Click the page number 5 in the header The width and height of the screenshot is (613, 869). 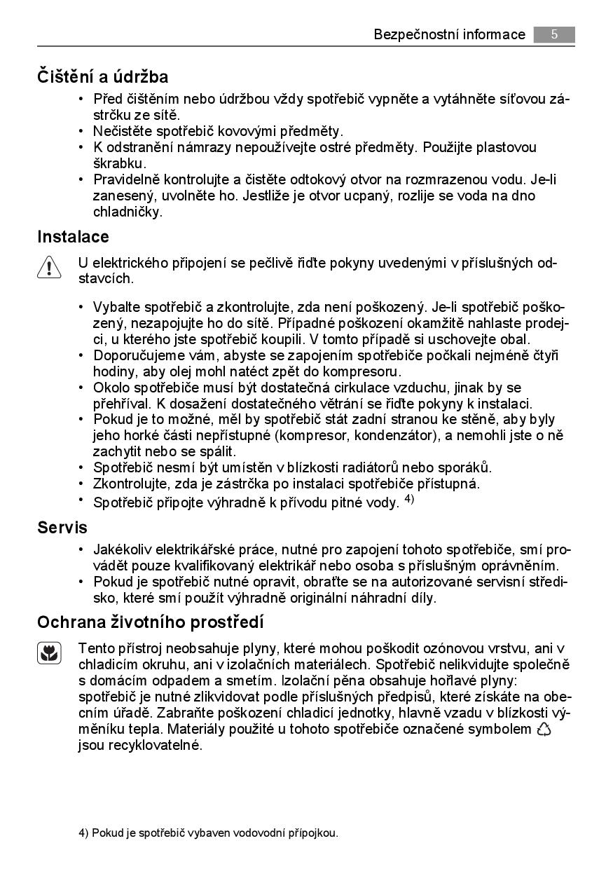553,34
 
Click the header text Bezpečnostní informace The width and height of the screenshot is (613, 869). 449,34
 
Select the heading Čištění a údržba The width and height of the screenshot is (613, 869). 102,76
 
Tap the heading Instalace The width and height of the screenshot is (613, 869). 73,237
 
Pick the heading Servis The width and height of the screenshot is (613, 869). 62,527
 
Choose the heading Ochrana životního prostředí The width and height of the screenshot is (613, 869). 150,622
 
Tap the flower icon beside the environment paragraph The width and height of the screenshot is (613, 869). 49,654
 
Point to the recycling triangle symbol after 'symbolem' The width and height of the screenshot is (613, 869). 544,730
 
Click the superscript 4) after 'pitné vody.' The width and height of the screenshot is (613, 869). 410,500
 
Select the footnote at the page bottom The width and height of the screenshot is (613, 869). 208,833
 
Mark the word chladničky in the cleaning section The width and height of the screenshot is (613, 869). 128,212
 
